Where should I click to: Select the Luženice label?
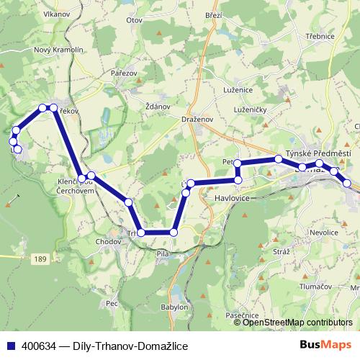(x=238, y=89)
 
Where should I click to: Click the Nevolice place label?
(x=323, y=233)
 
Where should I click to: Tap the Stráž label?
(x=282, y=252)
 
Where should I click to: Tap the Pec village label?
(x=112, y=304)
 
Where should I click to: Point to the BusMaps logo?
(x=325, y=346)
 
